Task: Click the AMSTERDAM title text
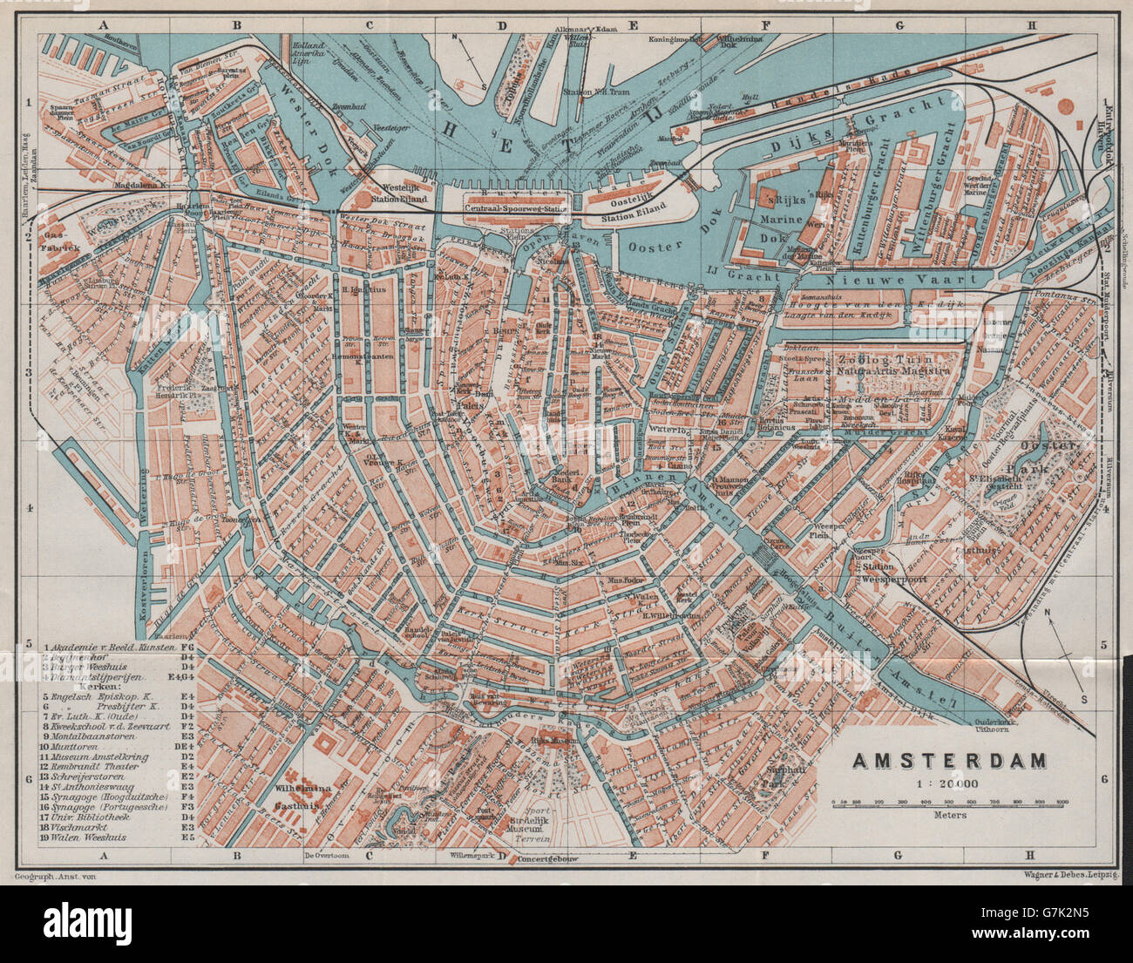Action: (x=948, y=761)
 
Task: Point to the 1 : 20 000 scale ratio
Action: (x=947, y=783)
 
